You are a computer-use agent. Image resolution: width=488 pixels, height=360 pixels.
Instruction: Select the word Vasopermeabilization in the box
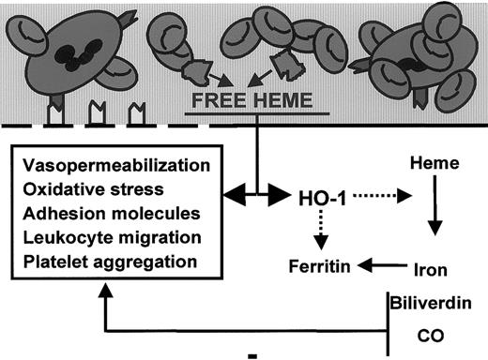(100, 165)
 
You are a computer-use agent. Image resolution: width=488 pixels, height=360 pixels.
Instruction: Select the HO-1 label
(330, 199)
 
